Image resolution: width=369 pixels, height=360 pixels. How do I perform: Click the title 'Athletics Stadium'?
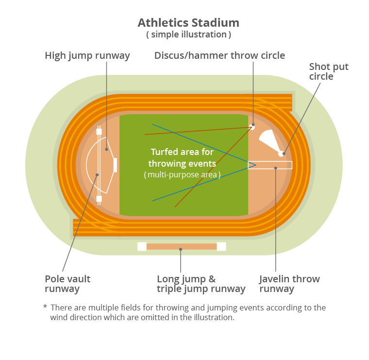[188, 23]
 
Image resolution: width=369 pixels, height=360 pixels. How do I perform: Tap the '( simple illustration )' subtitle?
[188, 35]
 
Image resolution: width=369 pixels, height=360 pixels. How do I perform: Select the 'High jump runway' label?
[87, 56]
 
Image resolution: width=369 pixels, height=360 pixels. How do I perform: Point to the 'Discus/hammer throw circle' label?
[219, 56]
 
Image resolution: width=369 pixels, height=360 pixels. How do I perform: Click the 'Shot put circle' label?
[329, 71]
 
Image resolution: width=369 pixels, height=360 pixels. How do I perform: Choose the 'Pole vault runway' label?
[67, 284]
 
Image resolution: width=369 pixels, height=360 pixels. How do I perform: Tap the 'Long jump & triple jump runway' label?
[201, 284]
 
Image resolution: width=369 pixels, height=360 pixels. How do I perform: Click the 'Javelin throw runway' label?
[289, 284]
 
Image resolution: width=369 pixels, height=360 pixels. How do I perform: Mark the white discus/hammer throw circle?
[252, 127]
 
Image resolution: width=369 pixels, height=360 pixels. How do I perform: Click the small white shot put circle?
[281, 154]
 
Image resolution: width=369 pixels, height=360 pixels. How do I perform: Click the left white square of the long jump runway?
[142, 246]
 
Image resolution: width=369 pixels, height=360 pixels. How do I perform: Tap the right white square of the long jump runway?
[221, 246]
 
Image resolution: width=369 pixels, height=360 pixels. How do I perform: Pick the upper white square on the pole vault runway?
[99, 131]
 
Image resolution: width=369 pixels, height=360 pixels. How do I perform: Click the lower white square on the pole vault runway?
[99, 199]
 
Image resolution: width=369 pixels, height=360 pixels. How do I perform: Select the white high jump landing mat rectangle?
[115, 165]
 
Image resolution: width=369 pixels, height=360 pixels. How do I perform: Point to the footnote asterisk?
[45, 308]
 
